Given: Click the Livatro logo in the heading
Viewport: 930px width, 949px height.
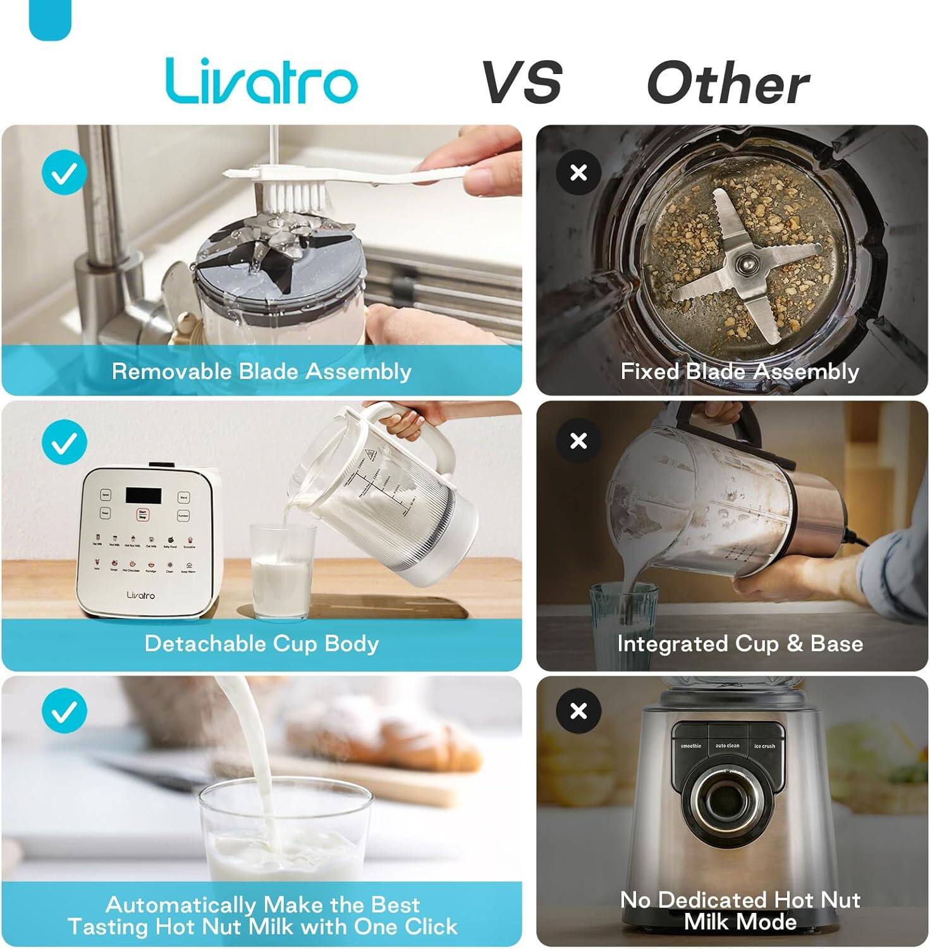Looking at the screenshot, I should point(261,81).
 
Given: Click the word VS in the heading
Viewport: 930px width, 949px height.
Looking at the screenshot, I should point(522,82).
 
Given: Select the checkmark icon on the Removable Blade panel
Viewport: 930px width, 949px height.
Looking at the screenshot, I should point(64,172).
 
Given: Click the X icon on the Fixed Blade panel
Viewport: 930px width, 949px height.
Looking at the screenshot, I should point(578,172).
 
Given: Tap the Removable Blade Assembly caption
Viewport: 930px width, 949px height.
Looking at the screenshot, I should point(261,371).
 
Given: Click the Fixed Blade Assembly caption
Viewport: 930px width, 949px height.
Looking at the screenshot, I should point(740,371).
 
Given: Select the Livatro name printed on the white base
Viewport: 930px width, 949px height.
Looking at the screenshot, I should point(140,595).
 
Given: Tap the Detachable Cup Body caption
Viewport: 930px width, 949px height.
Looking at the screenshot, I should point(261,643).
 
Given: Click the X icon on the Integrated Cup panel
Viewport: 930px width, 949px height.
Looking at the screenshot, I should point(578,440).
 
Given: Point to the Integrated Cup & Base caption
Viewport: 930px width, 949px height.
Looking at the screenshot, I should point(740,643).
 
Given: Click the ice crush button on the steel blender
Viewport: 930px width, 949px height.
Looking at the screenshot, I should point(764,747).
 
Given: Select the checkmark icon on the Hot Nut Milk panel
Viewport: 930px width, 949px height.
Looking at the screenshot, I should point(64,712).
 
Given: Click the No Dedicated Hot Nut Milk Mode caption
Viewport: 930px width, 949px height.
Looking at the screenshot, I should point(740,910).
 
